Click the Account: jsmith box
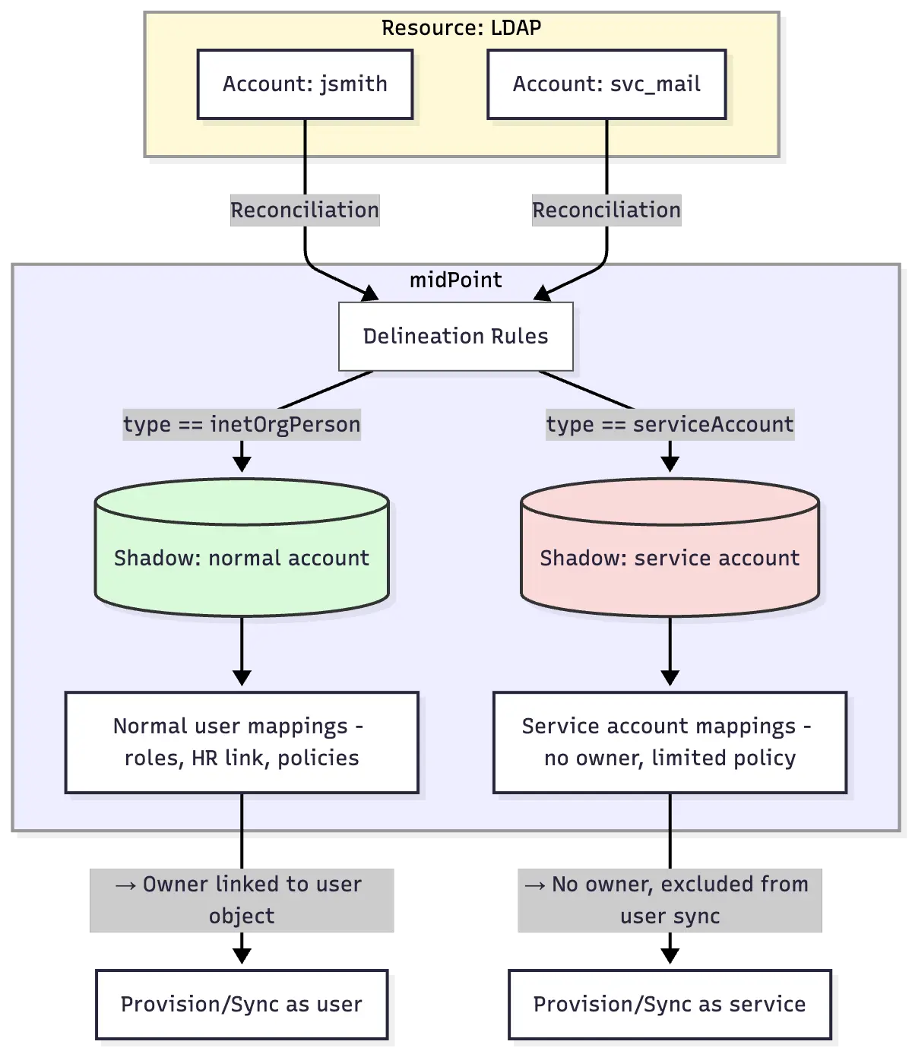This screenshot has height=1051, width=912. click(305, 84)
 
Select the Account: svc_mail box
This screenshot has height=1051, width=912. click(606, 84)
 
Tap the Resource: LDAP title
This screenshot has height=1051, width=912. click(461, 28)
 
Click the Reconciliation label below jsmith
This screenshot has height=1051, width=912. click(305, 211)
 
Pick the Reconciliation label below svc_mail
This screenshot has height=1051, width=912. click(606, 211)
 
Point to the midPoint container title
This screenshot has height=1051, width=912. click(455, 280)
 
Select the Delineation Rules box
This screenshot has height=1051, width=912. click(455, 337)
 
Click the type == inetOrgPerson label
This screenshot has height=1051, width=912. click(242, 424)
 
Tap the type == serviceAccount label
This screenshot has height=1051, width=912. click(670, 424)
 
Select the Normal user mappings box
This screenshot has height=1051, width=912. click(242, 742)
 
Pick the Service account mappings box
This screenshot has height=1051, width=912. click(670, 742)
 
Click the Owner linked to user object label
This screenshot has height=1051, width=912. click(242, 900)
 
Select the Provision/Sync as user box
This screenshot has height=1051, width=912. click(242, 1004)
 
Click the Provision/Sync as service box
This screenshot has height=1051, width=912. click(670, 1004)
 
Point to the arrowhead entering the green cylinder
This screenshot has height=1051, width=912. click(242, 464)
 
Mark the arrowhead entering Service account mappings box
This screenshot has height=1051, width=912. click(670, 678)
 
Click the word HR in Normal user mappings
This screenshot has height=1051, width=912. click(204, 758)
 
